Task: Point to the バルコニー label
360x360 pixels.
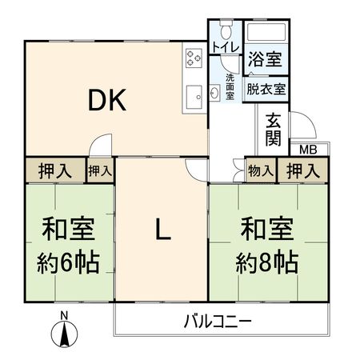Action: tap(218, 323)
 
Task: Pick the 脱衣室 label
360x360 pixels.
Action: tap(266, 90)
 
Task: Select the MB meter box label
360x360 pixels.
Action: tap(309, 150)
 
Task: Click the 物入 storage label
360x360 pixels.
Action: tap(260, 170)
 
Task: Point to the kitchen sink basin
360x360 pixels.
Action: tap(194, 98)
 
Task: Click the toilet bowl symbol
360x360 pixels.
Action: tap(227, 31)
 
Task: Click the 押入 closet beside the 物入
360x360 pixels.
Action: tap(302, 170)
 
